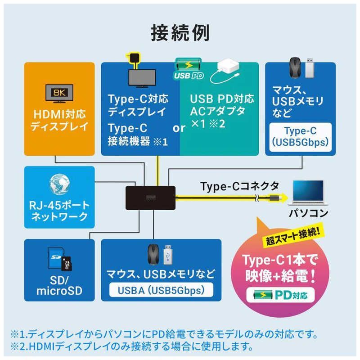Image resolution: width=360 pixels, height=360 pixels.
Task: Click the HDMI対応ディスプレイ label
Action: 59,120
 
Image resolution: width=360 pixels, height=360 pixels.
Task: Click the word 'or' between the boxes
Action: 179,128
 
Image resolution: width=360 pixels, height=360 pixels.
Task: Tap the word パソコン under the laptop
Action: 309,213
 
